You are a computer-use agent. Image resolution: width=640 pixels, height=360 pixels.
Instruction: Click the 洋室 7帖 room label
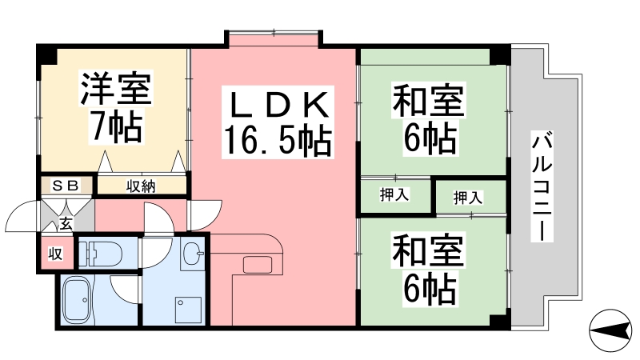pos(116,107)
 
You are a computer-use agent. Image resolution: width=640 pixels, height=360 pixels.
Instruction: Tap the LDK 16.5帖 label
pos(278,122)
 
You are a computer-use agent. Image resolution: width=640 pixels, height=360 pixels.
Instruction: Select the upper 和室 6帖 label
pos(430,118)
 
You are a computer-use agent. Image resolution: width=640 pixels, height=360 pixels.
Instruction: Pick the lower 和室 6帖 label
pos(429,270)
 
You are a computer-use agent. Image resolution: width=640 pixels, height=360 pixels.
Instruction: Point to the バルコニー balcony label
pos(542,186)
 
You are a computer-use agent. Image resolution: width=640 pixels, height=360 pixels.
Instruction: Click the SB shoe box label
pos(66,186)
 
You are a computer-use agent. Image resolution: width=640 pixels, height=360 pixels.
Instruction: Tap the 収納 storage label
pos(141,186)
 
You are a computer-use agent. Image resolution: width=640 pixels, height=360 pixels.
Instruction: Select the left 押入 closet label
pos(394,194)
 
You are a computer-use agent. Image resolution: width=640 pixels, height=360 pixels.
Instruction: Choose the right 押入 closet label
pos(468,198)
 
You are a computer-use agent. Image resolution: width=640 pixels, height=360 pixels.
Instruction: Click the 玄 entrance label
pos(66,224)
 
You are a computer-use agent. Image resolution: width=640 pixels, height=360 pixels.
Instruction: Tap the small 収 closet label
pos(55,254)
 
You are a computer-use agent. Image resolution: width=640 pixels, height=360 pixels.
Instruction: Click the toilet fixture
pos(100,254)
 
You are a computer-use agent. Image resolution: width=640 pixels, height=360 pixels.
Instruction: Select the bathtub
pos(78,299)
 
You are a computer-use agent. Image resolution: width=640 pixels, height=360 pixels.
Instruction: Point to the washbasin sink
pos(192,253)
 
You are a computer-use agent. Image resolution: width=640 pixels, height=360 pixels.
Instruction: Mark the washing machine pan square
pos(188,310)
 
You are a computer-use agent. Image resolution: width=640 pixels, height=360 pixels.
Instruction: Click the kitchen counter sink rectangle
pos(257,265)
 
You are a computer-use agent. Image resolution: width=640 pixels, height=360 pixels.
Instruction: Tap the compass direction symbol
pos(610,330)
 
